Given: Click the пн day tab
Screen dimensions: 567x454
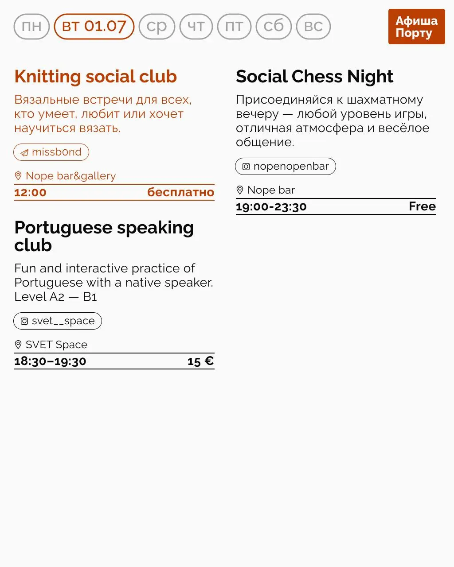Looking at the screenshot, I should (31, 27).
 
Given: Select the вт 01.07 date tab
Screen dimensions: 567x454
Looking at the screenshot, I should (94, 27).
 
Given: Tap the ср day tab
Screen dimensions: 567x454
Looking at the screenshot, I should (157, 27).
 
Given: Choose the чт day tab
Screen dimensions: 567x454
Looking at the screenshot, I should (196, 27).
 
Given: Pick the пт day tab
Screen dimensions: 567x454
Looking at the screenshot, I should (234, 27).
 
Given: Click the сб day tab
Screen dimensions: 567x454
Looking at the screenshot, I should (274, 27).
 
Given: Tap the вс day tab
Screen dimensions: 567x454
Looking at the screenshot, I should (313, 27).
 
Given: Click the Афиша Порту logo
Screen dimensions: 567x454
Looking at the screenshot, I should (416, 27).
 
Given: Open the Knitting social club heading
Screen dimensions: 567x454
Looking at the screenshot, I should (95, 77).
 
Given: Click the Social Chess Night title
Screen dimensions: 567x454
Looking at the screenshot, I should (314, 77).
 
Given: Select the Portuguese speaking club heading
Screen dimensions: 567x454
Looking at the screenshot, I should (104, 236).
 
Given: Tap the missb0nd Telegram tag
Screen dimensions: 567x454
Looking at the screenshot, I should (51, 152).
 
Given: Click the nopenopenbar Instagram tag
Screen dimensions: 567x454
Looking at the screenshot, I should (285, 167).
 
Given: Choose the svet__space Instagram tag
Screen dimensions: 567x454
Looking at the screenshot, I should (58, 321).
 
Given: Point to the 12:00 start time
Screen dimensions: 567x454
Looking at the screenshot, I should (30, 193).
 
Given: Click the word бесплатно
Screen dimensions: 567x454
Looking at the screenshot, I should (180, 193).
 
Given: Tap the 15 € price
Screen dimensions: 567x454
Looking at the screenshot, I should (200, 361).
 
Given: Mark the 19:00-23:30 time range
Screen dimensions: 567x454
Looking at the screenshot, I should (271, 207).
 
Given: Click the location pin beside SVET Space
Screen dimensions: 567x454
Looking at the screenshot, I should (18, 345).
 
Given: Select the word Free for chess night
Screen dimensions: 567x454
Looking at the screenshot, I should (422, 206).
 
